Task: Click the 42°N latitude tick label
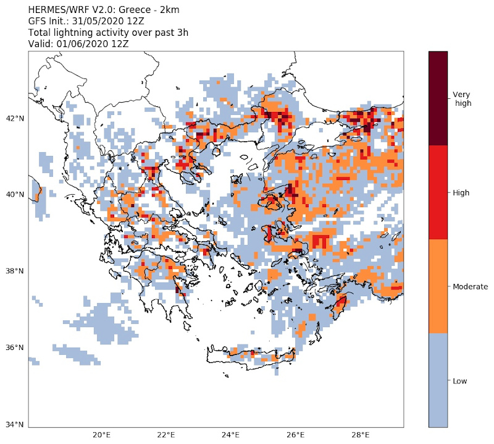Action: pyautogui.click(x=15, y=118)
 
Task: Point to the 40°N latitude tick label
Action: pyautogui.click(x=15, y=194)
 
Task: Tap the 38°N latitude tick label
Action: pyautogui.click(x=15, y=271)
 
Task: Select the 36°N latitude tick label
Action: pyautogui.click(x=15, y=348)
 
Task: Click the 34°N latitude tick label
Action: pyautogui.click(x=15, y=425)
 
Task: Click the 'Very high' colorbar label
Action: pyautogui.click(x=462, y=98)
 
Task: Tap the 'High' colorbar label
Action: pyautogui.click(x=461, y=193)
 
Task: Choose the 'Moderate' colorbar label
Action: pyautogui.click(x=471, y=287)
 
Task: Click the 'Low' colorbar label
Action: pyautogui.click(x=459, y=381)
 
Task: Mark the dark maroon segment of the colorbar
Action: pyautogui.click(x=438, y=98)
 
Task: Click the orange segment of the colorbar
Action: pyautogui.click(x=438, y=286)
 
